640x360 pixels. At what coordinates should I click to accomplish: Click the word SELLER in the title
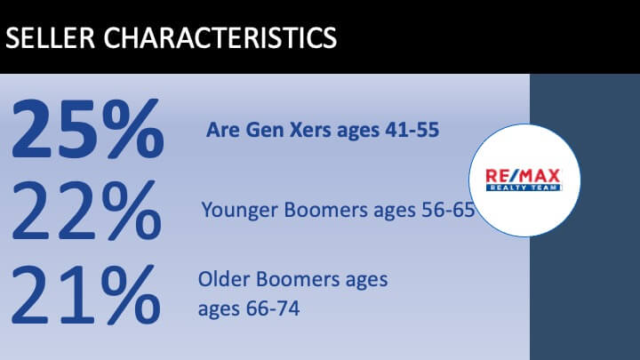click(x=50, y=37)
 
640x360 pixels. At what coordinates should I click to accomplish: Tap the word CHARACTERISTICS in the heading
click(x=220, y=37)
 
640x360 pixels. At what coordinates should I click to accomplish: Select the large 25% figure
click(x=88, y=129)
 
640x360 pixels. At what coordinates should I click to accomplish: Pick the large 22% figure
click(x=87, y=210)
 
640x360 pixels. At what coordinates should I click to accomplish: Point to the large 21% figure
click(x=85, y=295)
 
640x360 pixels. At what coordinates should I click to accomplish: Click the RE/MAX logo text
click(x=523, y=176)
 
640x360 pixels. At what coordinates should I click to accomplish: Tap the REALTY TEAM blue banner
click(x=524, y=188)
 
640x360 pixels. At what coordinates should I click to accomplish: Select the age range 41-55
click(x=412, y=130)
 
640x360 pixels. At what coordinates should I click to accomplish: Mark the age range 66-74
click(x=273, y=308)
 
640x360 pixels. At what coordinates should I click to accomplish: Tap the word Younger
click(x=239, y=211)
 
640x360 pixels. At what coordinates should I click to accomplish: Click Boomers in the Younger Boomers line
click(x=325, y=210)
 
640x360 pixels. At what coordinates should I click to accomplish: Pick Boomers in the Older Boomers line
click(x=298, y=280)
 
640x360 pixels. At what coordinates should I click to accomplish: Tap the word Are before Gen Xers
click(x=223, y=130)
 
